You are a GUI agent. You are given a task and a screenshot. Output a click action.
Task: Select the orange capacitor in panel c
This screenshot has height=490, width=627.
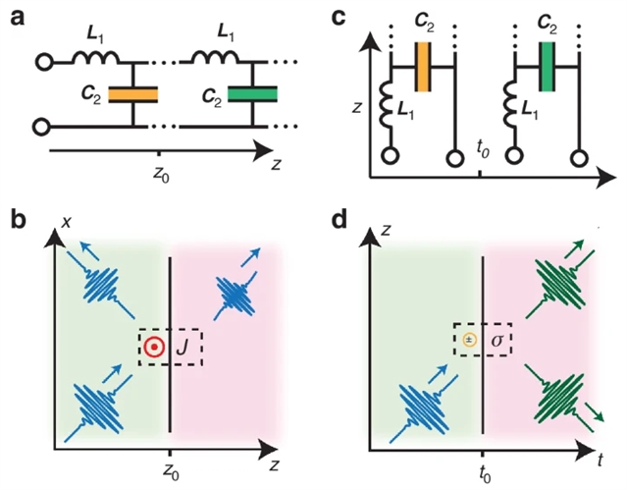[x=425, y=66]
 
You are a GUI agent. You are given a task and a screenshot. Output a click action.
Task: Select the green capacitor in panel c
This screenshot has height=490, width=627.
[x=548, y=66]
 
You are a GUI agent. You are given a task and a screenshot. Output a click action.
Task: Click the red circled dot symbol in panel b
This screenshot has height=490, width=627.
[x=153, y=347]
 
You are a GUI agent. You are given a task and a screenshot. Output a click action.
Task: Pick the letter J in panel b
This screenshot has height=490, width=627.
[x=184, y=347]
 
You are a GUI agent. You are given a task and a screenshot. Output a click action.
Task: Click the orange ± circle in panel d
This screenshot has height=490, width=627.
[x=469, y=340]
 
